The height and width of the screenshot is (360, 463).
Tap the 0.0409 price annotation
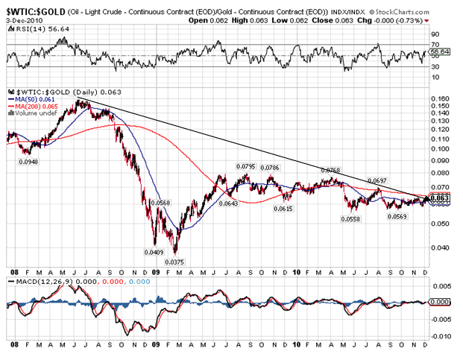tap(152, 253)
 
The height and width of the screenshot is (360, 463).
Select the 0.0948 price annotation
tap(28, 160)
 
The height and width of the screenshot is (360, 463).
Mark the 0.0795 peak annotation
tap(246, 166)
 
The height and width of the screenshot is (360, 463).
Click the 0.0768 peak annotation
tap(330, 170)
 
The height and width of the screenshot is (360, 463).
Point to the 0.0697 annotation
tap(379, 181)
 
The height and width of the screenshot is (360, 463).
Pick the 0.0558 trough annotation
tap(351, 219)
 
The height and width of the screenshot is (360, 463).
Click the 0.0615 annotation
tap(281, 209)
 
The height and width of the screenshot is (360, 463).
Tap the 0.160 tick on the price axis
tap(442, 98)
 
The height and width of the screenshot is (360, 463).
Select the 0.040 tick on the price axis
tap(442, 248)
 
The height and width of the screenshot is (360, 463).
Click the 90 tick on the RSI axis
tap(436, 34)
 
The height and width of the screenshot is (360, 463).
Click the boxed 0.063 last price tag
tap(443, 198)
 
